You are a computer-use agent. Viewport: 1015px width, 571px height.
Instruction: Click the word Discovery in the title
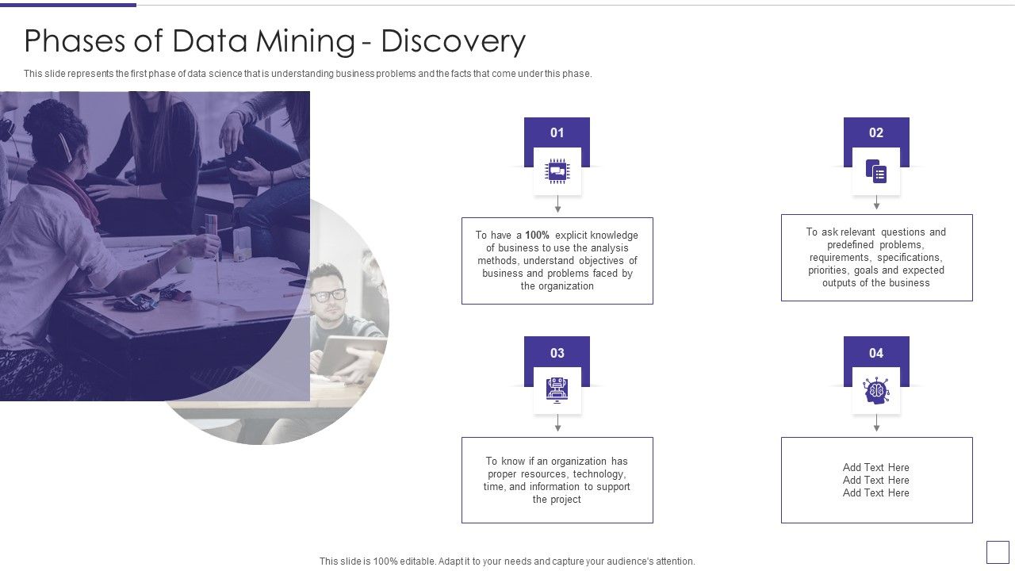[x=453, y=41]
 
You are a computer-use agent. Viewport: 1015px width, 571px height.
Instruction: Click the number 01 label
[x=557, y=132]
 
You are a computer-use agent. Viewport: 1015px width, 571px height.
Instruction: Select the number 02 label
[x=875, y=132]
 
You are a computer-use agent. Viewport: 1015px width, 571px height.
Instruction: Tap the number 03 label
[x=557, y=353]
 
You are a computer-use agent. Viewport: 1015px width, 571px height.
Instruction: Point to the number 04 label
[x=875, y=353]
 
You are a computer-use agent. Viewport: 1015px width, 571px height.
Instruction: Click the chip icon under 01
[x=557, y=171]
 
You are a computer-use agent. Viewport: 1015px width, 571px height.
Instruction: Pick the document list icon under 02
[x=876, y=171]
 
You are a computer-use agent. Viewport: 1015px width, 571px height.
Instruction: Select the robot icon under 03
[x=557, y=389]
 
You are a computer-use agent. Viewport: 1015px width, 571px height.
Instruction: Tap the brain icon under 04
[x=876, y=391]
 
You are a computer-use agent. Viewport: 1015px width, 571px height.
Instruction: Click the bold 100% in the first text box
[x=537, y=236]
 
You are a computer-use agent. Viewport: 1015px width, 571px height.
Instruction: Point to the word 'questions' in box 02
[x=903, y=232]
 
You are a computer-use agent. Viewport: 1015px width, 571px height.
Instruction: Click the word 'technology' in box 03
[x=599, y=474]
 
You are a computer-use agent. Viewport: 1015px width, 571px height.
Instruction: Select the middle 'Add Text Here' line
[x=876, y=481]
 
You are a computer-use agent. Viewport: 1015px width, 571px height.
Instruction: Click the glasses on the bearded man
[x=327, y=295]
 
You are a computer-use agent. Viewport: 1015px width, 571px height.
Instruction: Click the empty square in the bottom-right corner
[x=998, y=552]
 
